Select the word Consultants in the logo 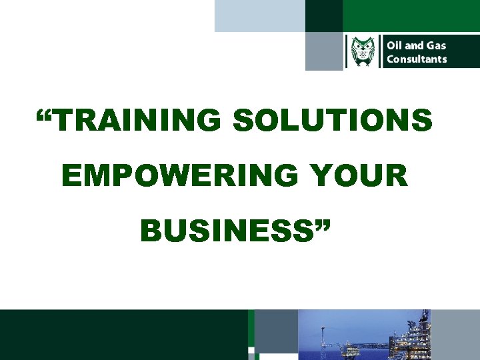click(x=417, y=59)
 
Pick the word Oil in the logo click(x=395, y=45)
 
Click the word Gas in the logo click(x=437, y=45)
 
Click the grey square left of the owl click(x=324, y=51)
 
